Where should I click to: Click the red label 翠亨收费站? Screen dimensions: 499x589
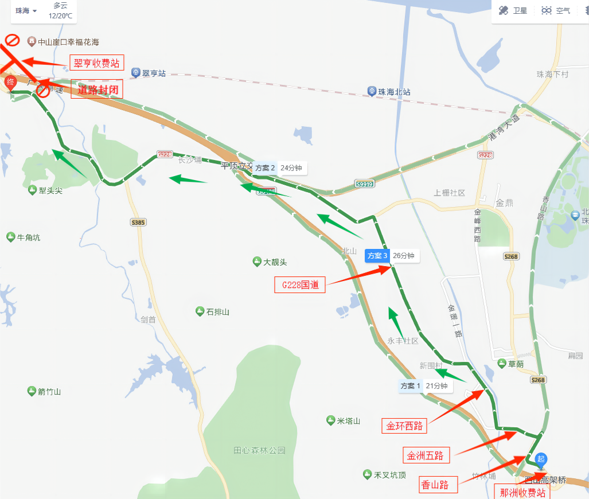pos(97,63)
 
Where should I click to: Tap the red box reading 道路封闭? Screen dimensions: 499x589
pos(97,89)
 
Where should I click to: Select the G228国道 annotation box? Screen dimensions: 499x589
pos(300,284)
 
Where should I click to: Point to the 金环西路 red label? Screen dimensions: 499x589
pos(404,426)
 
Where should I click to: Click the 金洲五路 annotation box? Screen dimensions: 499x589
pos(426,455)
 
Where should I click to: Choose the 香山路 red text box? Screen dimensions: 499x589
pos(439,485)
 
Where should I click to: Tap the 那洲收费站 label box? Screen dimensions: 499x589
pos(521,492)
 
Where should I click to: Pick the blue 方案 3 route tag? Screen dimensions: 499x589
pos(378,256)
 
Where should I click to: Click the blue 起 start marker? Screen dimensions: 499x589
pos(541,459)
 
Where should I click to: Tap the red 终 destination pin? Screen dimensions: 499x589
pos(10,83)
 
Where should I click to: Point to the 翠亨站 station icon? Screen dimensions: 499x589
pos(136,73)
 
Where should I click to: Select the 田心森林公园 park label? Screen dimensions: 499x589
pos(259,450)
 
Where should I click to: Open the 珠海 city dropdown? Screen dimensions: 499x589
pos(26,11)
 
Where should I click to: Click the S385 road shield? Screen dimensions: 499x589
pos(138,222)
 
